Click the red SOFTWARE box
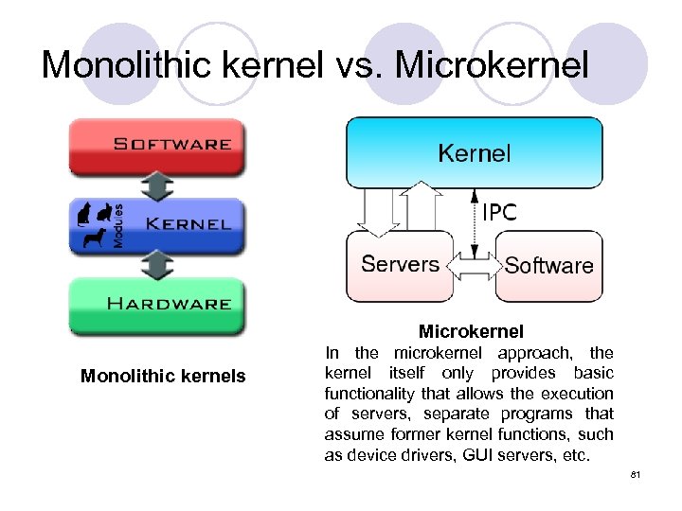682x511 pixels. tap(156, 145)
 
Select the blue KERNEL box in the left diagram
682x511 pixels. tap(156, 224)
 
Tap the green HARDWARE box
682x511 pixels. tap(156, 304)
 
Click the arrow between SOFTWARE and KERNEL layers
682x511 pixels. tap(156, 185)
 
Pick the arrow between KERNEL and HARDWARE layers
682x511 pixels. tap(156, 264)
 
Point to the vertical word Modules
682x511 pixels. tap(118, 225)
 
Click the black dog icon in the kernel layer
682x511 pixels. tap(95, 238)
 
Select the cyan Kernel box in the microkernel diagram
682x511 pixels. tap(474, 152)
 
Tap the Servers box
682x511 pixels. tap(400, 264)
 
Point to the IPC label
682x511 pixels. tap(499, 213)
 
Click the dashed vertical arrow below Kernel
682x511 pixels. tap(472, 222)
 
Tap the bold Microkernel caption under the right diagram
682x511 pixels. tap(471, 332)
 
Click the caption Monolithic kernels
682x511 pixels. tap(163, 377)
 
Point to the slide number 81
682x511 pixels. tap(636, 474)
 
